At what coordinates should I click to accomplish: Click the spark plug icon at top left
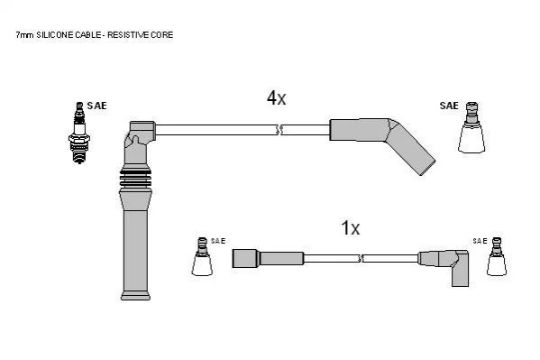[x=79, y=133]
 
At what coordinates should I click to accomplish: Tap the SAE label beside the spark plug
[x=96, y=106]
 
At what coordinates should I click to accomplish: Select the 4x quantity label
[x=276, y=98]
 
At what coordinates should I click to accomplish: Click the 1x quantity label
[x=351, y=228]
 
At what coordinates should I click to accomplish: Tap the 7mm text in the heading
[x=24, y=35]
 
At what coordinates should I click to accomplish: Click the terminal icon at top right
[x=471, y=127]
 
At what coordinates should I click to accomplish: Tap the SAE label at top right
[x=449, y=106]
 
